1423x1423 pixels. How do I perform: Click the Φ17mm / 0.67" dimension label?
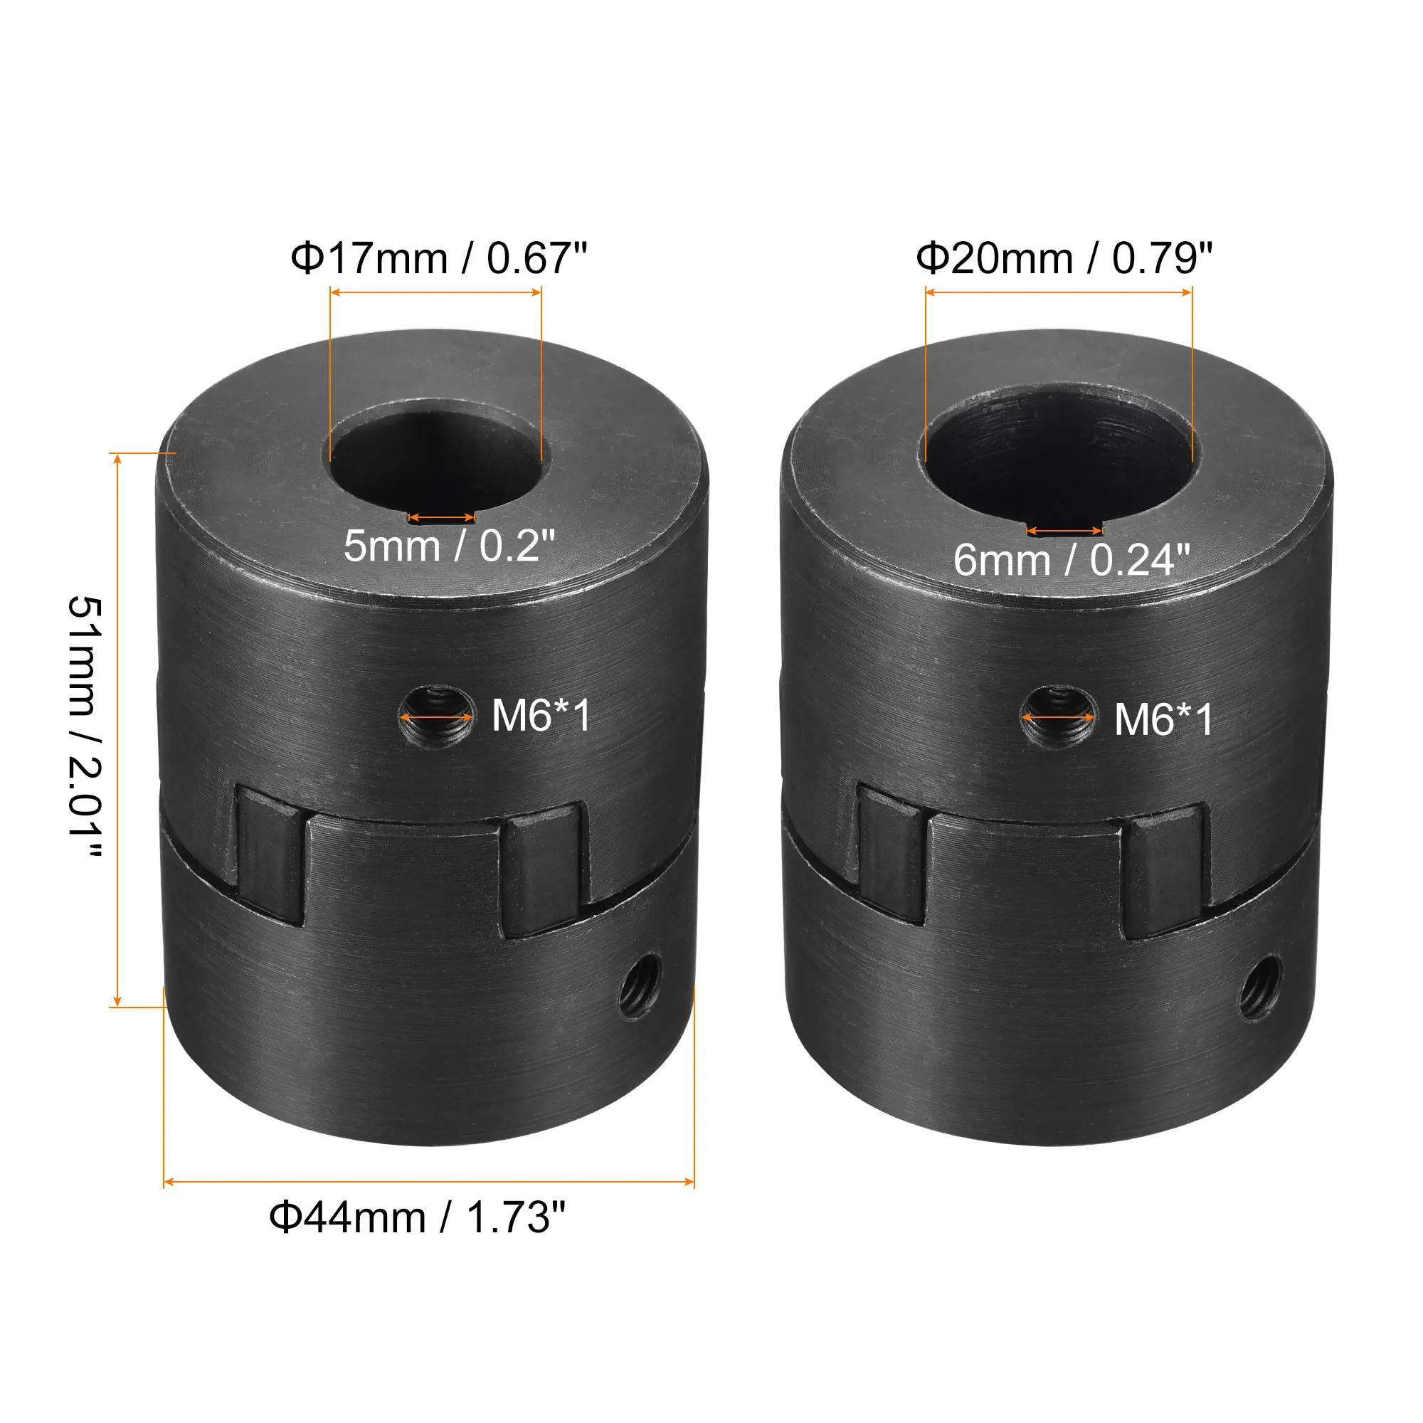pos(439,258)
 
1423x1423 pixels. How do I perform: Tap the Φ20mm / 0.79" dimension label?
pos(1064,258)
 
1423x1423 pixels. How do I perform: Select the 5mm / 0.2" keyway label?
pos(448,546)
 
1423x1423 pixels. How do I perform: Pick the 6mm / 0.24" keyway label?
pos(1072,561)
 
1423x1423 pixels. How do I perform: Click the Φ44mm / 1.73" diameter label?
pos(417,1217)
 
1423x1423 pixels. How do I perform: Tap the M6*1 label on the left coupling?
pos(541,715)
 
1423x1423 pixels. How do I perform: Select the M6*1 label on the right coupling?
pos(1164,719)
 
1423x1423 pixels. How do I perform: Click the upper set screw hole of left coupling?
pos(436,716)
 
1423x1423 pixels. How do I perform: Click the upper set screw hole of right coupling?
pos(1059,716)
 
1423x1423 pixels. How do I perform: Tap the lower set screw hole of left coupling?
pos(639,985)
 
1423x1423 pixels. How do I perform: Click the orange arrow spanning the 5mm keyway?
pos(441,518)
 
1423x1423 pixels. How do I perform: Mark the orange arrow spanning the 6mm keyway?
pos(1064,530)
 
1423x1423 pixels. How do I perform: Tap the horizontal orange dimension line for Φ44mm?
pos(428,1182)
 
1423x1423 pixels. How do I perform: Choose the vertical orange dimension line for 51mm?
pos(117,729)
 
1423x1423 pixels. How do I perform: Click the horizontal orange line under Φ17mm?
pos(436,292)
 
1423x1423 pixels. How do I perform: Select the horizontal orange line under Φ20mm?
pos(1059,292)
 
